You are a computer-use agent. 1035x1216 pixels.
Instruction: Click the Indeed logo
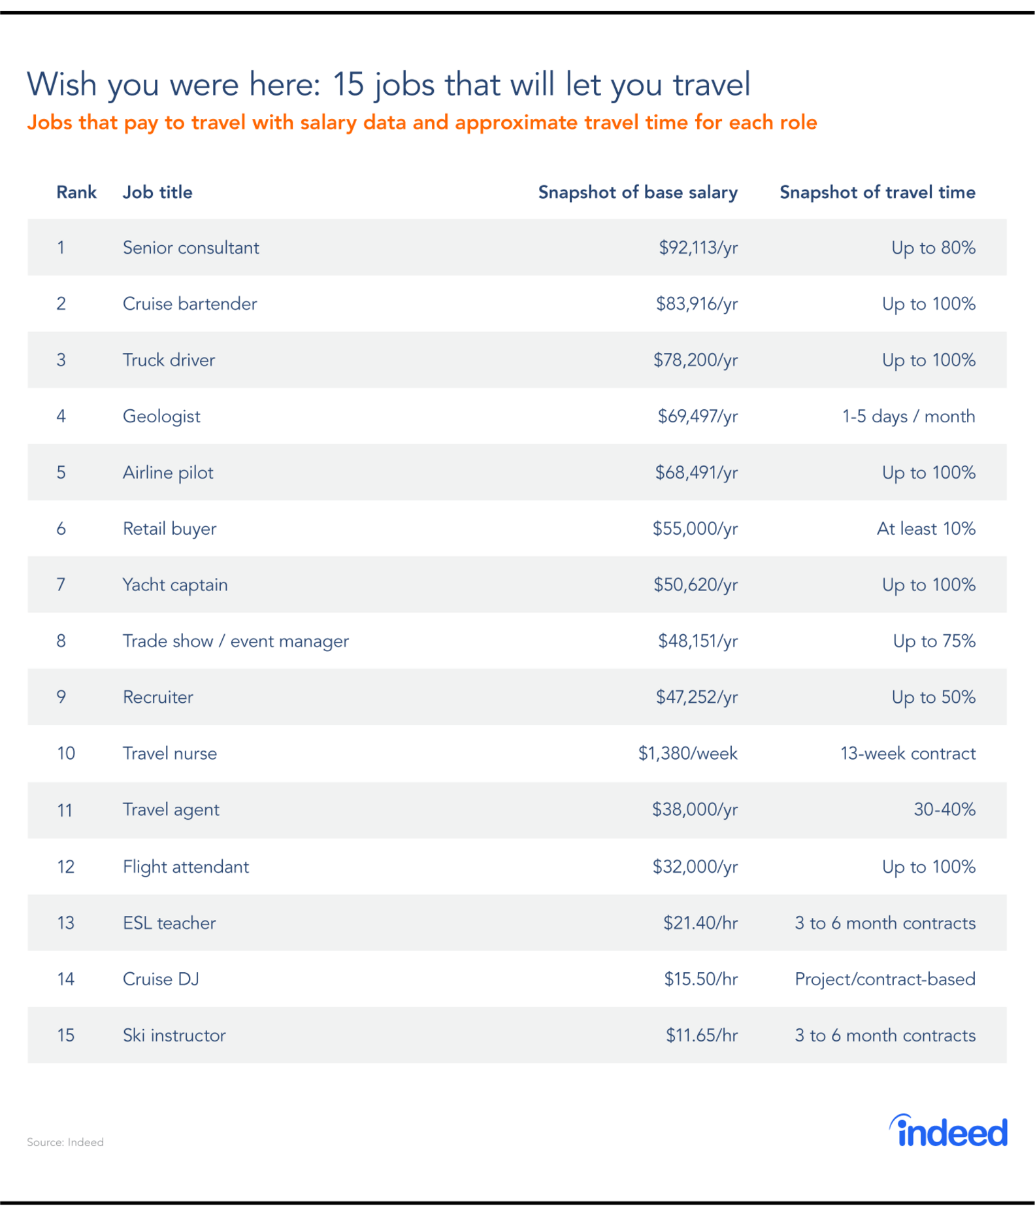click(948, 1132)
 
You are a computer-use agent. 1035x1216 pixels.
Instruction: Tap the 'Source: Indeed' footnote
click(65, 1142)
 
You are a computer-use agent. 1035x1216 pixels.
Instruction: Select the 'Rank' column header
click(76, 192)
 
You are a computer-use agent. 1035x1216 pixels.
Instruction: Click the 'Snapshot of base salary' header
click(637, 192)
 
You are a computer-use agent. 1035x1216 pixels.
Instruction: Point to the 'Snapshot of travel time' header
click(877, 192)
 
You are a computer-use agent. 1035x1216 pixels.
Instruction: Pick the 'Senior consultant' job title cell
click(191, 248)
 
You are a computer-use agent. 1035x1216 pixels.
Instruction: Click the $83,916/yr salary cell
click(697, 304)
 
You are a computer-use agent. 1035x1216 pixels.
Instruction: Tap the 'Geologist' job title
click(161, 416)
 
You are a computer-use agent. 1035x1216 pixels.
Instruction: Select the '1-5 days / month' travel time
click(908, 416)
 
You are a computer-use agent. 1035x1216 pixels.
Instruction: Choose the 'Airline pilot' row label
click(168, 473)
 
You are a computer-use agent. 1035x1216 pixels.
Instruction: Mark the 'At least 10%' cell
click(926, 529)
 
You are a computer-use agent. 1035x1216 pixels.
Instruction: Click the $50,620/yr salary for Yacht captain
click(695, 585)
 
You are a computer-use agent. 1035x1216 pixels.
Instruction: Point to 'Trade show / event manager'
click(235, 641)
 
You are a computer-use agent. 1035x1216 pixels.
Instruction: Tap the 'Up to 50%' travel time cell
click(933, 698)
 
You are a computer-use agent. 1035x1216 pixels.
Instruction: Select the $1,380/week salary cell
click(687, 754)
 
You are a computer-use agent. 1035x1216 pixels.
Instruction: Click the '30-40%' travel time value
click(944, 810)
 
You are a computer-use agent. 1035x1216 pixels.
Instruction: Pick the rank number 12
click(65, 867)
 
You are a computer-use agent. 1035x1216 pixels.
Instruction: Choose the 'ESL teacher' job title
click(169, 923)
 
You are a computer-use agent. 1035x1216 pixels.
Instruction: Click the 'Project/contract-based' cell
click(885, 979)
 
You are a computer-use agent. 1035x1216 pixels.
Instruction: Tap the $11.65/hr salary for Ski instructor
click(701, 1036)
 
